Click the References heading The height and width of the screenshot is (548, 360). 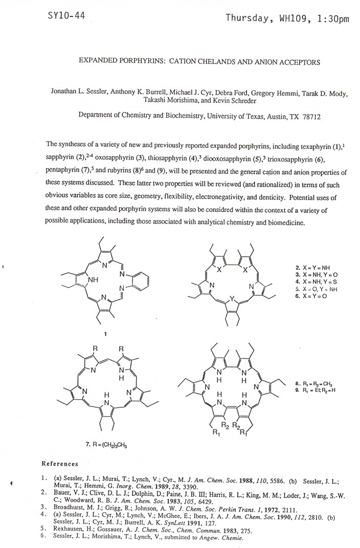(59, 464)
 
